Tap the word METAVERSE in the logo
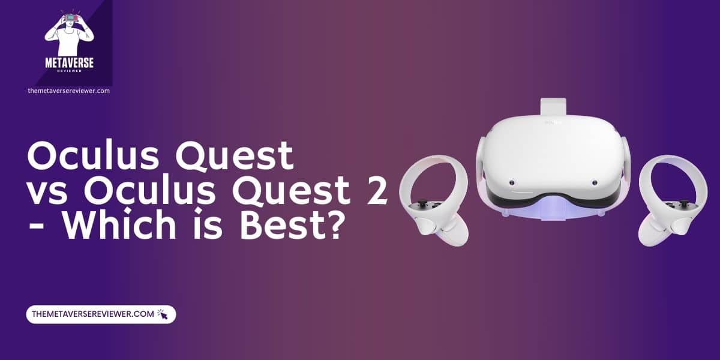(70, 62)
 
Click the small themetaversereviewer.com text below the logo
(68, 91)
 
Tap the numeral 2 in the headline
(376, 193)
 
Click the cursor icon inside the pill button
(163, 314)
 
